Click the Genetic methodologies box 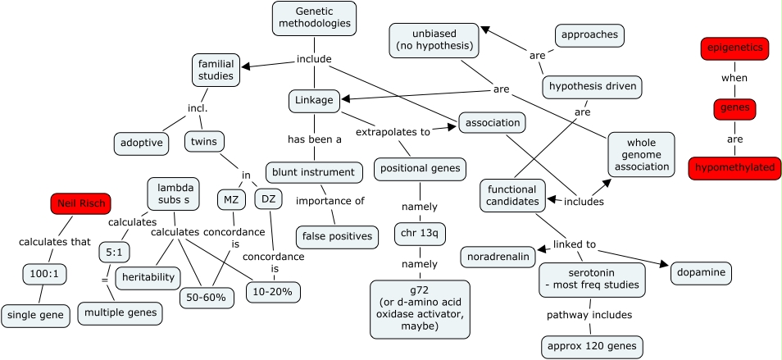pos(314,18)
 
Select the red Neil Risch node pos(80,203)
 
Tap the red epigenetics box pos(736,48)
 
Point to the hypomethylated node pos(734,167)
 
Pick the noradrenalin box pos(498,257)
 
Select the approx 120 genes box pos(592,346)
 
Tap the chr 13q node pos(420,234)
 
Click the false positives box pos(337,237)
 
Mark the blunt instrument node pos(314,172)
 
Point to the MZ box pos(230,198)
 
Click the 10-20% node pos(273,291)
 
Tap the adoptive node pos(141,144)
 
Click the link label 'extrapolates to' pos(393,131)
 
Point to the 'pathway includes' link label pos(589,314)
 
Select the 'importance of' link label pos(330,201)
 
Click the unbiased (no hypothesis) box pos(434,39)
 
